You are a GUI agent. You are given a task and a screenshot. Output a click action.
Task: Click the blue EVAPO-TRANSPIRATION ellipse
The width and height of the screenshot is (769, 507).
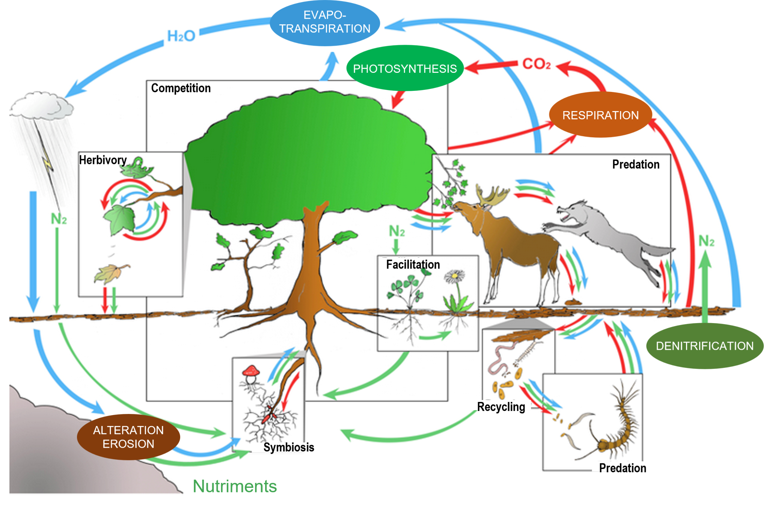[x=325, y=23]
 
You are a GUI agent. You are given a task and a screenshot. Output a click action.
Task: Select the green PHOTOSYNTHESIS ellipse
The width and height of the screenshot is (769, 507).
[x=405, y=68]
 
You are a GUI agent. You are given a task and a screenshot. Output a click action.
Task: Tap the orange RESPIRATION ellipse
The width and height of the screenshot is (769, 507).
[x=600, y=115]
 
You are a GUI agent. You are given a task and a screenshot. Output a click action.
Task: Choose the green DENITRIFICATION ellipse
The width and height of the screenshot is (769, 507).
[x=704, y=346]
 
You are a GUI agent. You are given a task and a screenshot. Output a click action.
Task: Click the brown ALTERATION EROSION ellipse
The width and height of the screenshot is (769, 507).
[x=128, y=437]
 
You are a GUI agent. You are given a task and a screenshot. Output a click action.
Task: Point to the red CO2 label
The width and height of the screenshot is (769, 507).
[x=536, y=64]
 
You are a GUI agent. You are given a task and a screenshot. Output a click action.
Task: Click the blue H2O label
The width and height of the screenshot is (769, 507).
[x=181, y=36]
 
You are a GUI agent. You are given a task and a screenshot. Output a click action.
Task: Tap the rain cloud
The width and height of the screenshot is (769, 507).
[x=41, y=105]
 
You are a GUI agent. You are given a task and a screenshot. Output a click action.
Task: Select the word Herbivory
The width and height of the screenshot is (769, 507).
[x=103, y=160]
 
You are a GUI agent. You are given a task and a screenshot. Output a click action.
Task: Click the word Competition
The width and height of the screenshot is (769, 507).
[x=181, y=88]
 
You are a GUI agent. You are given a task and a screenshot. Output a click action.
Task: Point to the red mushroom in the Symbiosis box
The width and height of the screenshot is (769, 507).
[x=251, y=371]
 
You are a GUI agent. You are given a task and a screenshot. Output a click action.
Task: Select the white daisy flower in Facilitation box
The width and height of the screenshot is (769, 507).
[x=454, y=277]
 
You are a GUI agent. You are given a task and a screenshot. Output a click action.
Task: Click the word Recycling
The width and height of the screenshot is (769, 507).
[x=501, y=407]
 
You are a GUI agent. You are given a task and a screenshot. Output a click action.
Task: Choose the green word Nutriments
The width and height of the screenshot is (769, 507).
[x=235, y=486]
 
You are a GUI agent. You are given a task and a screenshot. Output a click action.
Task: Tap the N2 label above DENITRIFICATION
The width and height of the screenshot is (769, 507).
[x=706, y=241]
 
